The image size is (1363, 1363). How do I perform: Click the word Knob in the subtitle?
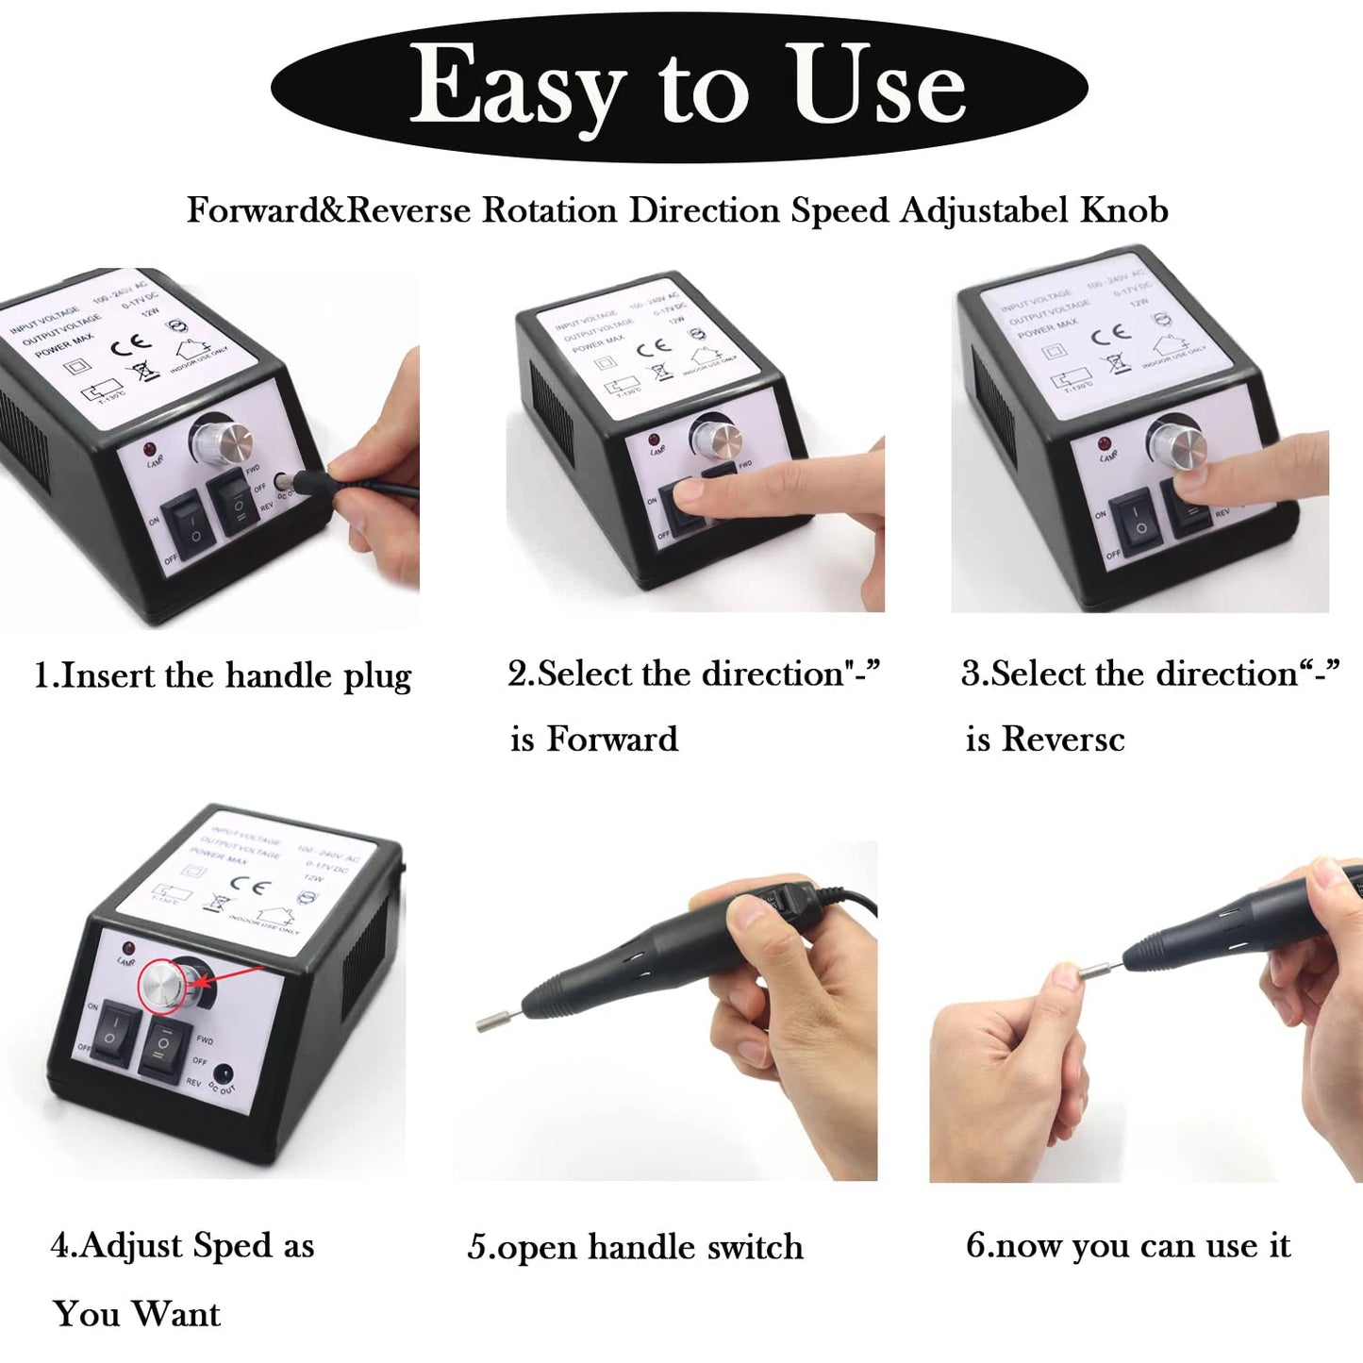(x=1124, y=209)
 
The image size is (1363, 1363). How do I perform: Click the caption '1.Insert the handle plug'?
(x=223, y=676)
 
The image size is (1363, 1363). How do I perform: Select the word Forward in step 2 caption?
(x=612, y=739)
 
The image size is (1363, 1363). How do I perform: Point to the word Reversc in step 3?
(x=1063, y=739)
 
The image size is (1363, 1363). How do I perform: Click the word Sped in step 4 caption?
(x=232, y=1245)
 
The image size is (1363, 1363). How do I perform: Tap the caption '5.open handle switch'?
(x=635, y=1247)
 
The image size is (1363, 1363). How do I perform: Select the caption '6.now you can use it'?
(x=1128, y=1245)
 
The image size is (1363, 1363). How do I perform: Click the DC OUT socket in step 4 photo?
(x=224, y=1073)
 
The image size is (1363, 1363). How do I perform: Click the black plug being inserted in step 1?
(x=307, y=484)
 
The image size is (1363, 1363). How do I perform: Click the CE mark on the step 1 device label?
(x=131, y=346)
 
